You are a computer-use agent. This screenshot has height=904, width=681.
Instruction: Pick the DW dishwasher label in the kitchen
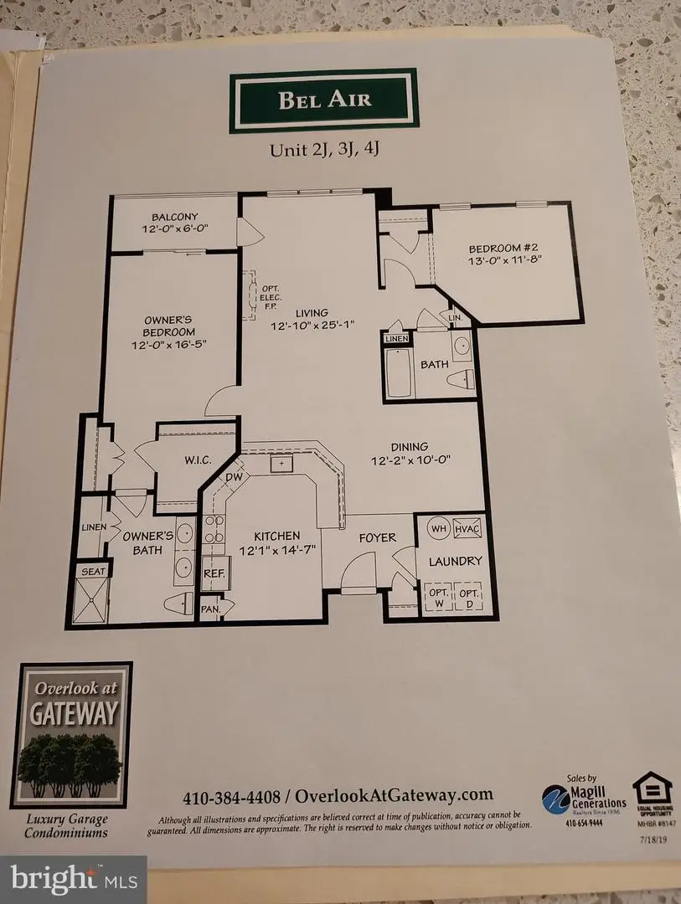coord(234,478)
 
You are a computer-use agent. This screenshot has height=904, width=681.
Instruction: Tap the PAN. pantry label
coord(210,610)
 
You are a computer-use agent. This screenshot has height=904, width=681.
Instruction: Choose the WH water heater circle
coord(438,529)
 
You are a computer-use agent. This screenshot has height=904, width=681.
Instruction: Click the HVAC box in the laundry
coord(466,529)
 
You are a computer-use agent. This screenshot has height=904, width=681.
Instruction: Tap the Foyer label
coord(377,537)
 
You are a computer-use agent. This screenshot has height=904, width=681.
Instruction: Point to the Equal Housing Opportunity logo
coord(651,797)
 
